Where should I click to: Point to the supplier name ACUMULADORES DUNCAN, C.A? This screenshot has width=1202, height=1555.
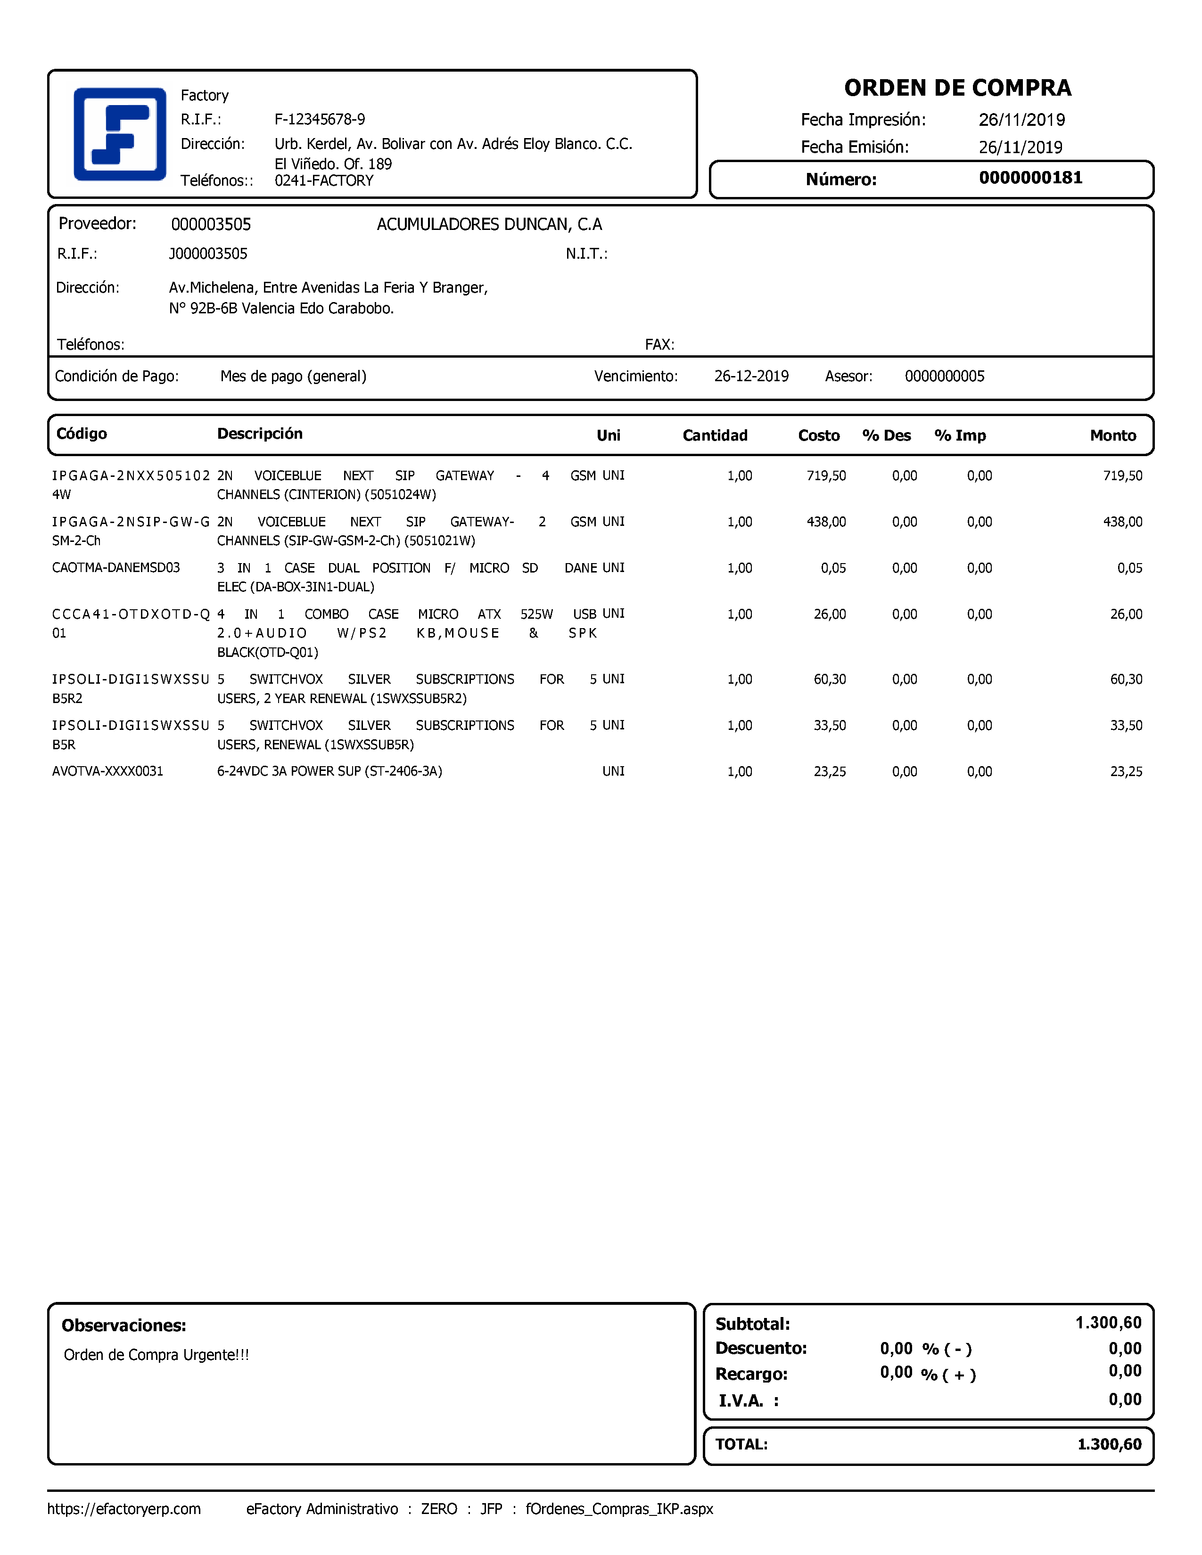(489, 224)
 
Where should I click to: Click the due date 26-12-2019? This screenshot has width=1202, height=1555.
(751, 376)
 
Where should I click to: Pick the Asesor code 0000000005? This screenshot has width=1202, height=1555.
(944, 376)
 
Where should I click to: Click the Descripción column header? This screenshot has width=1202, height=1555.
(260, 434)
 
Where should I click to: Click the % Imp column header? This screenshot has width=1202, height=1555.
(959, 435)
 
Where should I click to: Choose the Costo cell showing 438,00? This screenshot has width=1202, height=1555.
(826, 522)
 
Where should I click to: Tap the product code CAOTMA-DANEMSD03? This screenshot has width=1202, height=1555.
(116, 567)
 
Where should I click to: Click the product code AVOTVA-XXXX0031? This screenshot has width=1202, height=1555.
(107, 771)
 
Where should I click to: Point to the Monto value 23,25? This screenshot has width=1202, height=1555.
(1126, 771)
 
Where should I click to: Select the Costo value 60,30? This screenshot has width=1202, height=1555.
(830, 679)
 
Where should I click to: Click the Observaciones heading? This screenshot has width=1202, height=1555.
(124, 1325)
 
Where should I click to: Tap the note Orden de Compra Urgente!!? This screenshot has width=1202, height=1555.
(156, 1354)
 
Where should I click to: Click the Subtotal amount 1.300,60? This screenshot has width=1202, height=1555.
(1108, 1322)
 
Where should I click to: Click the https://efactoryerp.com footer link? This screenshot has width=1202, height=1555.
(124, 1509)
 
